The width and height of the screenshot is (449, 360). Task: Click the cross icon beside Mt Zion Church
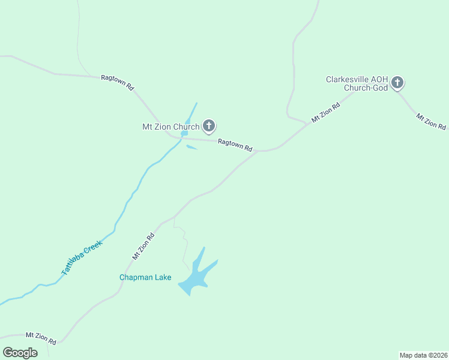click(209, 126)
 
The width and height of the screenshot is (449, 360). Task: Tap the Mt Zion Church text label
click(170, 127)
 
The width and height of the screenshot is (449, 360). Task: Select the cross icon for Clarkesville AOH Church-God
click(397, 83)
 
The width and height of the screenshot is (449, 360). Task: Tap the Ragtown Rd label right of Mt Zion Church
click(235, 145)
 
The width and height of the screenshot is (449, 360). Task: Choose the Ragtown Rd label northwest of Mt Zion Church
click(118, 82)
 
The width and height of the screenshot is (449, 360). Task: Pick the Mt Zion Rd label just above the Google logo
click(41, 338)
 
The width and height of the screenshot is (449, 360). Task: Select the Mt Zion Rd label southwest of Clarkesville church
click(326, 113)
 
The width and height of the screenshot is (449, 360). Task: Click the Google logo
click(20, 353)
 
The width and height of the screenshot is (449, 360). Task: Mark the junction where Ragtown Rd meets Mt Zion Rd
click(258, 151)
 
